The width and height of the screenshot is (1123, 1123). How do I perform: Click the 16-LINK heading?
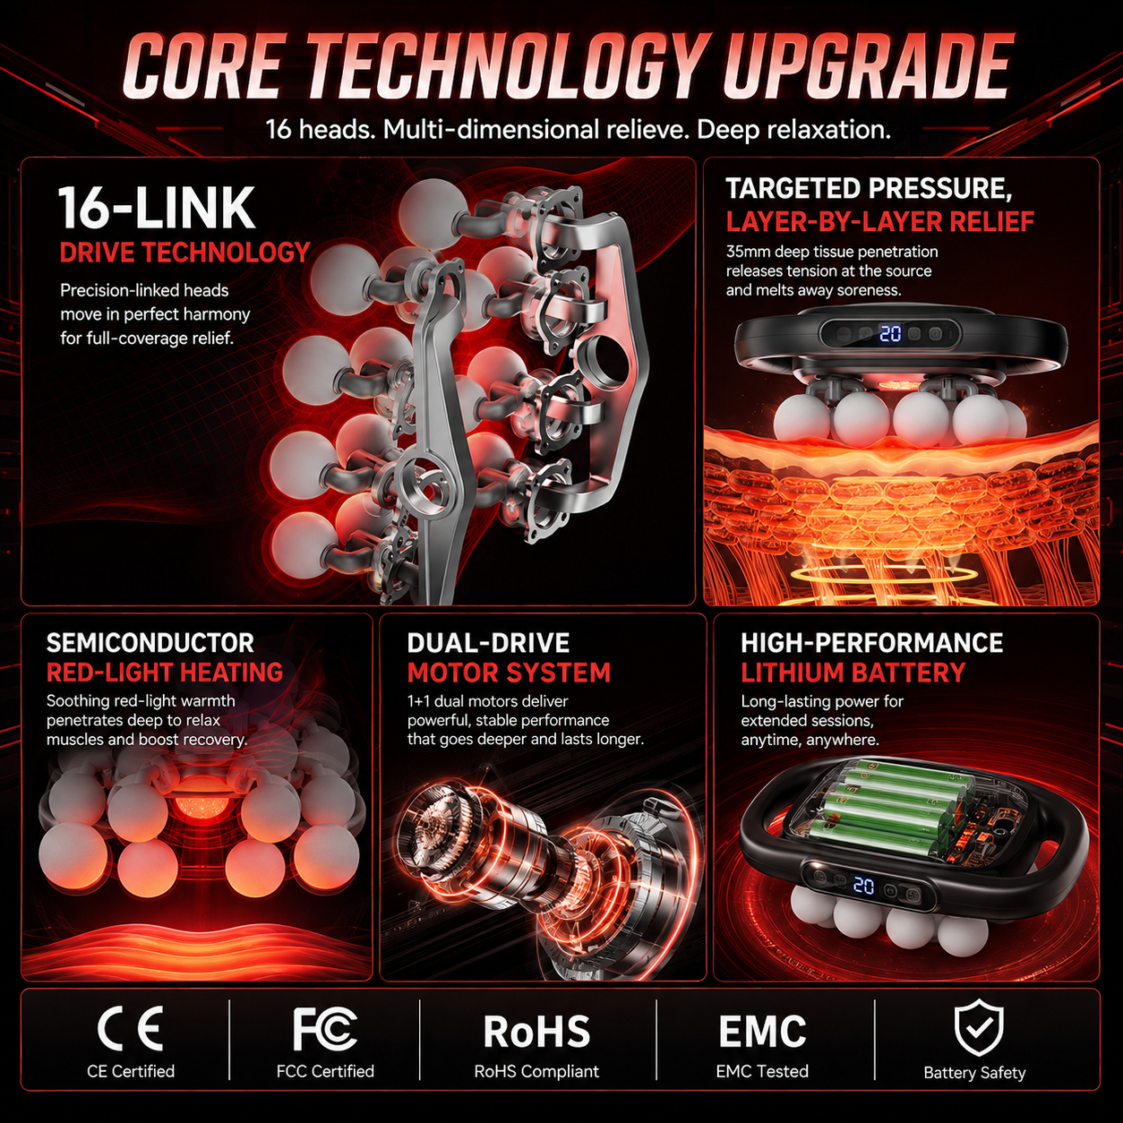click(x=156, y=208)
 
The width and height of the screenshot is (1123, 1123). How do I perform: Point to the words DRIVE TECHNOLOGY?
click(x=184, y=253)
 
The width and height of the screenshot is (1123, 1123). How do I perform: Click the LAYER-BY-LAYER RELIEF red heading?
click(x=880, y=221)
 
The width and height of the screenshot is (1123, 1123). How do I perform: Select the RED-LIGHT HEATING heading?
click(x=165, y=673)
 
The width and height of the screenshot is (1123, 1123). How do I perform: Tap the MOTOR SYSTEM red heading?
click(x=509, y=673)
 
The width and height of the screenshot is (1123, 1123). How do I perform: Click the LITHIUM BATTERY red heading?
click(x=853, y=673)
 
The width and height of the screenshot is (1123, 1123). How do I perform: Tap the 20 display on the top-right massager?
click(x=890, y=334)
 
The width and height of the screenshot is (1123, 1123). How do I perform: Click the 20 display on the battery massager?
click(x=863, y=887)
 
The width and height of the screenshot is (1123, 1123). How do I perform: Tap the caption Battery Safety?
click(x=974, y=1073)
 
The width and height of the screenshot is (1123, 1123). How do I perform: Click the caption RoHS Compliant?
click(x=536, y=1072)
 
